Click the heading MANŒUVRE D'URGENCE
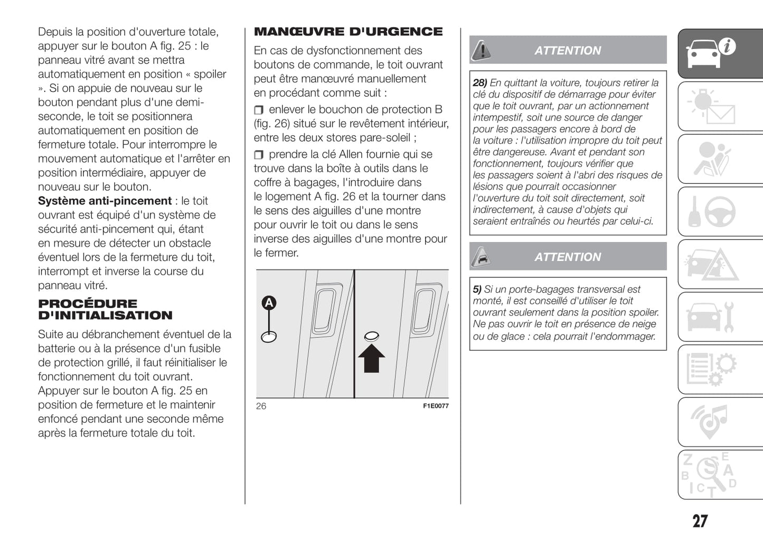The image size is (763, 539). [x=348, y=32]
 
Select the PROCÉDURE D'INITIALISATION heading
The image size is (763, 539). [x=105, y=310]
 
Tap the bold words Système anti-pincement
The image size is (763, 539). [x=105, y=201]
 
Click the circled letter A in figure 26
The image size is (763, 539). [x=269, y=303]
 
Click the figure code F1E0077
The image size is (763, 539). [x=436, y=406]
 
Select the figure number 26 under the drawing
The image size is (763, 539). [x=261, y=406]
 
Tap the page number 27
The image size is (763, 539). [x=700, y=521]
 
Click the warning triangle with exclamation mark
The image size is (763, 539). [x=481, y=50]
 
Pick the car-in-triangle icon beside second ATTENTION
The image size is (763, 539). [x=481, y=257]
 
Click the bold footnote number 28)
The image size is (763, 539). [x=479, y=83]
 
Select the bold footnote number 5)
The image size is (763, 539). [x=477, y=290]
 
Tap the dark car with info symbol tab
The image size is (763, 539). [x=710, y=53]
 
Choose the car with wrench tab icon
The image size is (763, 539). [x=710, y=316]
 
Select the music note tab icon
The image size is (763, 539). [x=710, y=421]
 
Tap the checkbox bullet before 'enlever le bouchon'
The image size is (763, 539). [x=259, y=110]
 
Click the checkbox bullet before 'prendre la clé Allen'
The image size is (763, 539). [x=259, y=155]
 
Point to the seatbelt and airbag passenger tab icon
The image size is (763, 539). [x=710, y=159]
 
